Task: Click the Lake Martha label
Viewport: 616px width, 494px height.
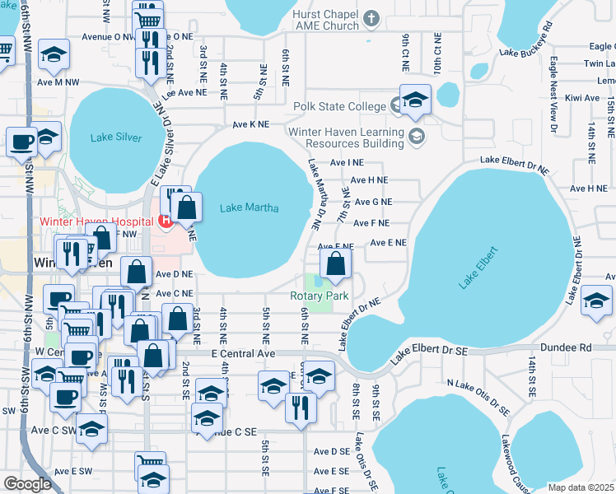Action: [249, 207]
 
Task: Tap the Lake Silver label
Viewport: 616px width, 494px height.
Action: [117, 137]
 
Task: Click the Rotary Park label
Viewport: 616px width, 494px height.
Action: [319, 296]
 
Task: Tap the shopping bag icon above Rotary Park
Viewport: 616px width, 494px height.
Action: [335, 264]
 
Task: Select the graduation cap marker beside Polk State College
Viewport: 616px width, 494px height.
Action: [415, 100]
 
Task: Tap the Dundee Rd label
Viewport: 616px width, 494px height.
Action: [574, 348]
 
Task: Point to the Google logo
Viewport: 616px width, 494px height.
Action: [27, 483]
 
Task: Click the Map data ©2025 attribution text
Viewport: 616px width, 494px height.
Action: [581, 487]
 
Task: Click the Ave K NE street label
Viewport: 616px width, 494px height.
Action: [250, 124]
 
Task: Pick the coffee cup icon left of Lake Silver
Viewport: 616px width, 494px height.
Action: [21, 141]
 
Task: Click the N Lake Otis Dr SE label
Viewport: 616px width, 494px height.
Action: [478, 396]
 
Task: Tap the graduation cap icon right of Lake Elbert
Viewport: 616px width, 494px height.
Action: [595, 301]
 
